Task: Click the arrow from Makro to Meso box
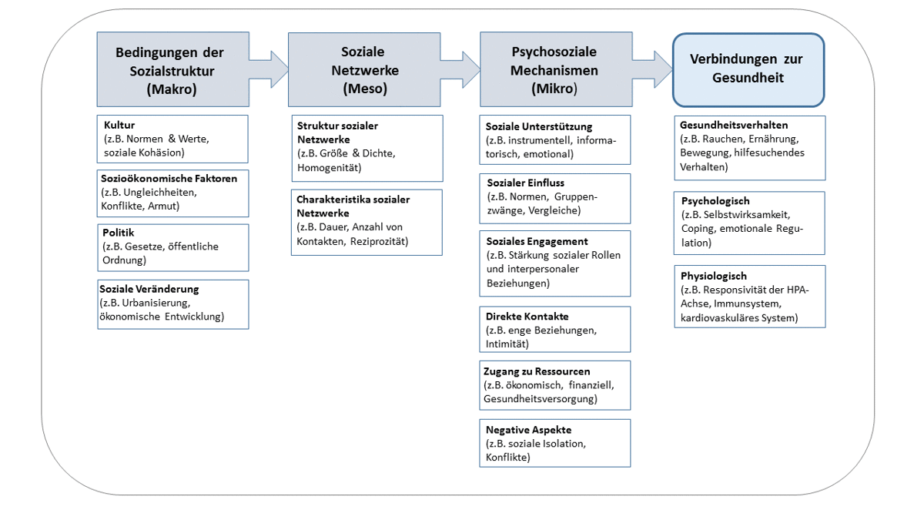coord(269,69)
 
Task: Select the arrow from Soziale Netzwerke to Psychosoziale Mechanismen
coord(460,69)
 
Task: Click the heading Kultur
coord(119,125)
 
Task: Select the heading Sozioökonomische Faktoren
coord(169,178)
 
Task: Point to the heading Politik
coord(119,233)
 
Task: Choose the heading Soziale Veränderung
coord(149,289)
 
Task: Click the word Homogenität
coord(330,168)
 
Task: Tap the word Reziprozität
coord(379,241)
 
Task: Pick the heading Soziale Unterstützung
coord(539,126)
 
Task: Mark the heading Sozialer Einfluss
coord(525,183)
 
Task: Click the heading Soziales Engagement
coord(537,241)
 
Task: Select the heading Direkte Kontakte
coord(527,317)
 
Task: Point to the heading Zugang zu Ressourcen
coord(537,371)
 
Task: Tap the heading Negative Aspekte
coord(528,430)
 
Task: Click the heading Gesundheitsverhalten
coord(734,125)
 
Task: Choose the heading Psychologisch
coord(715,201)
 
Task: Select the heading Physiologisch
coord(714,276)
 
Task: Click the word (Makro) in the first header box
coord(172,89)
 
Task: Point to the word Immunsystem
coord(748,304)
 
